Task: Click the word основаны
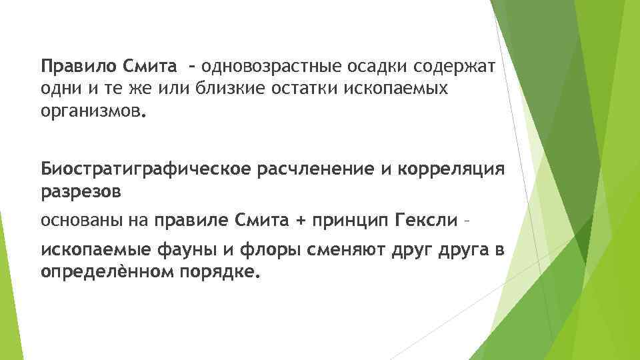[78, 219]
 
